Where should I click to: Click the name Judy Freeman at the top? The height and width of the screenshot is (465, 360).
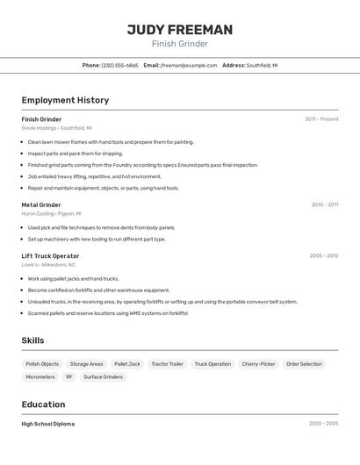(180, 30)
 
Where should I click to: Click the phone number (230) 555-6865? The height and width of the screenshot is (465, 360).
(119, 65)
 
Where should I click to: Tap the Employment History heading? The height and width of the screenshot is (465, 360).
(65, 100)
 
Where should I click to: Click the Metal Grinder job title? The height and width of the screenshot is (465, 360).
(41, 204)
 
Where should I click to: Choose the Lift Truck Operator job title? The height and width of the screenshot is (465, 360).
(50, 256)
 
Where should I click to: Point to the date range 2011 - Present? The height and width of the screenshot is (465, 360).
(321, 119)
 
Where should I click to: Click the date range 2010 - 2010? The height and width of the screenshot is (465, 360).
(324, 204)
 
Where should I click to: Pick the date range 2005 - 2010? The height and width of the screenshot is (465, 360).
(323, 256)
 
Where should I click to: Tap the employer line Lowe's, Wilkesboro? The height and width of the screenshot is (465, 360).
(48, 264)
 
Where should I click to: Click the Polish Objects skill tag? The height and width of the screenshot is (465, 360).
(42, 364)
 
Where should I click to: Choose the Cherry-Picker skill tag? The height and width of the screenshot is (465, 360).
(258, 364)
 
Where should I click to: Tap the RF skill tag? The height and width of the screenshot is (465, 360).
(69, 377)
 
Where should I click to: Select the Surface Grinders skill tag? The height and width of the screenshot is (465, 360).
(104, 377)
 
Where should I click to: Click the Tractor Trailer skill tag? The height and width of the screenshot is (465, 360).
(167, 364)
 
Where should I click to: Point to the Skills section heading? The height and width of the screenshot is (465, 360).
(32, 340)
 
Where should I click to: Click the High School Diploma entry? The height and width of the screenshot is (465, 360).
(48, 424)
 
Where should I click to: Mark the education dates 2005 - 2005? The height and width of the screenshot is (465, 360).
(323, 424)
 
